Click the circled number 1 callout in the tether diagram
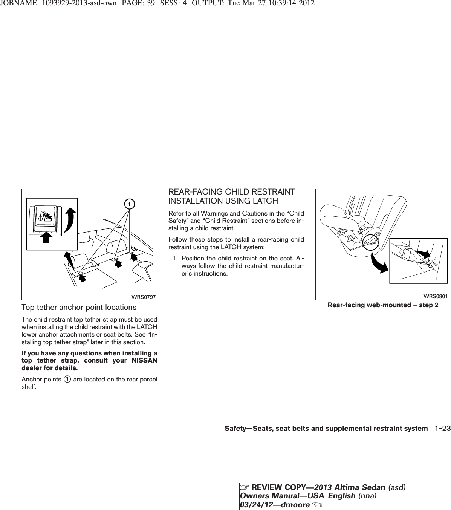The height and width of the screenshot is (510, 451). [129, 204]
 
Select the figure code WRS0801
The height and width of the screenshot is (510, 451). [436, 296]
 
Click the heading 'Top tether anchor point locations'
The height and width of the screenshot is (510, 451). [79, 308]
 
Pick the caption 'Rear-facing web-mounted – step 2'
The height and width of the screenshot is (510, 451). [383, 305]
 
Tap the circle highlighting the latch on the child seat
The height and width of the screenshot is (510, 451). [371, 242]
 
